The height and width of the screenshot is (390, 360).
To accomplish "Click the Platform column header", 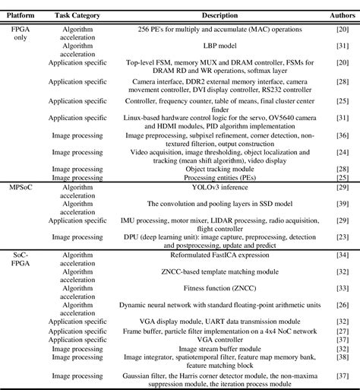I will tap(21, 15).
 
